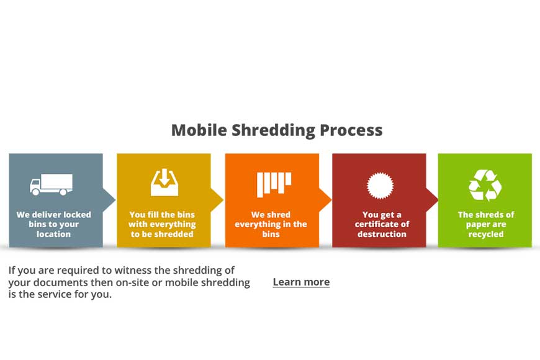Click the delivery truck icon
pyautogui.click(x=51, y=184)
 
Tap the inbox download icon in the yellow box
pyautogui.click(x=164, y=182)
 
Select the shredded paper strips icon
pyautogui.click(x=274, y=184)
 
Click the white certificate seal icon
pyautogui.click(x=380, y=186)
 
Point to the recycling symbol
pyautogui.click(x=485, y=185)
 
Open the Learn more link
pyautogui.click(x=301, y=282)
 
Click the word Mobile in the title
pyautogui.click(x=199, y=130)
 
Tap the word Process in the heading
pyautogui.click(x=351, y=130)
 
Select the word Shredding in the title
pyautogui.click(x=273, y=130)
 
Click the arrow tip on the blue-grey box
pyautogui.click(x=115, y=199)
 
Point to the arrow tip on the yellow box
pyautogui.click(x=223, y=199)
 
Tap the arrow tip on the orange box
pyautogui.click(x=331, y=199)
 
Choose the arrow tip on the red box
pyautogui.click(x=438, y=199)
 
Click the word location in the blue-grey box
pyautogui.click(x=54, y=234)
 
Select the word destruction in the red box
pyautogui.click(x=382, y=234)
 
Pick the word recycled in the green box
pyautogui.click(x=486, y=235)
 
